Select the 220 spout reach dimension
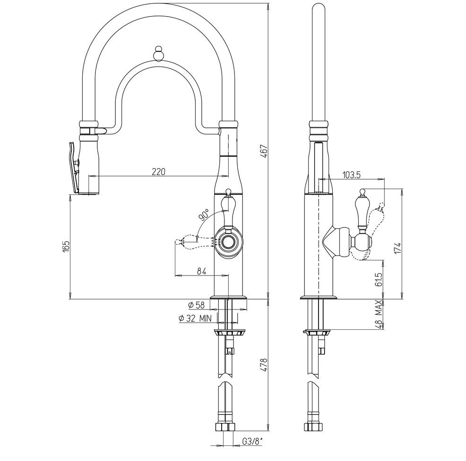pyautogui.click(x=158, y=172)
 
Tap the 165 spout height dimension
pyautogui.click(x=66, y=247)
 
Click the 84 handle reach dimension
pyautogui.click(x=201, y=271)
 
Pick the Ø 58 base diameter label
pyautogui.click(x=196, y=305)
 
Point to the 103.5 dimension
pyautogui.click(x=351, y=175)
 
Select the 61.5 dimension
pyautogui.click(x=379, y=279)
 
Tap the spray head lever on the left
pyautogui.click(x=72, y=168)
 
